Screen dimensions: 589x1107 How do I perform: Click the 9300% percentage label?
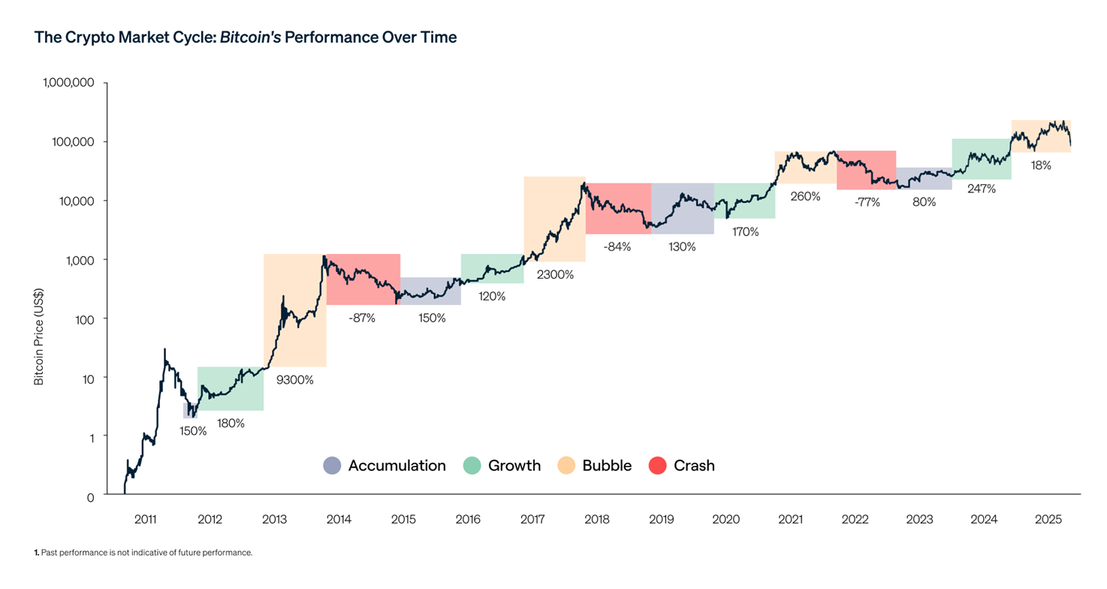pos(295,379)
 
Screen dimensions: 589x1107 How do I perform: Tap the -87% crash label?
pos(361,318)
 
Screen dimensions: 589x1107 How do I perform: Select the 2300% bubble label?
pos(555,275)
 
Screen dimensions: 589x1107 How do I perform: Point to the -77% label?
pos(867,202)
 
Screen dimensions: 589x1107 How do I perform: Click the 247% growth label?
pos(982,189)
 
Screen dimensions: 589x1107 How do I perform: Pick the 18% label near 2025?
pos(1041,165)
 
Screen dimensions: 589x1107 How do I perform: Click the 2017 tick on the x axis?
pos(532,519)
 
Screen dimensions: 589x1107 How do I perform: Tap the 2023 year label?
pos(919,519)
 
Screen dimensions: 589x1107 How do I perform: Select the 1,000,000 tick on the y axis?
pos(68,83)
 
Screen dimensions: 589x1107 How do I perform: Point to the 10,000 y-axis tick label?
pos(74,201)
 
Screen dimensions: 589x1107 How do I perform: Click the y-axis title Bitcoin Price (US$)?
pos(39,337)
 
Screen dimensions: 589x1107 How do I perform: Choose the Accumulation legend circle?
pos(332,466)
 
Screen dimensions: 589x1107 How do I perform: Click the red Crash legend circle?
pos(658,466)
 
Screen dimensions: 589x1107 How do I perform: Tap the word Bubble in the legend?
pos(607,466)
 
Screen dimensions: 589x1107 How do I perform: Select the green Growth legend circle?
pos(472,466)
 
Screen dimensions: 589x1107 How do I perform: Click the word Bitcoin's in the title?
pos(251,37)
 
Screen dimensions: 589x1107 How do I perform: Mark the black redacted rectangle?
pos(577,372)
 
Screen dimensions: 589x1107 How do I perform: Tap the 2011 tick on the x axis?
pos(145,519)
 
